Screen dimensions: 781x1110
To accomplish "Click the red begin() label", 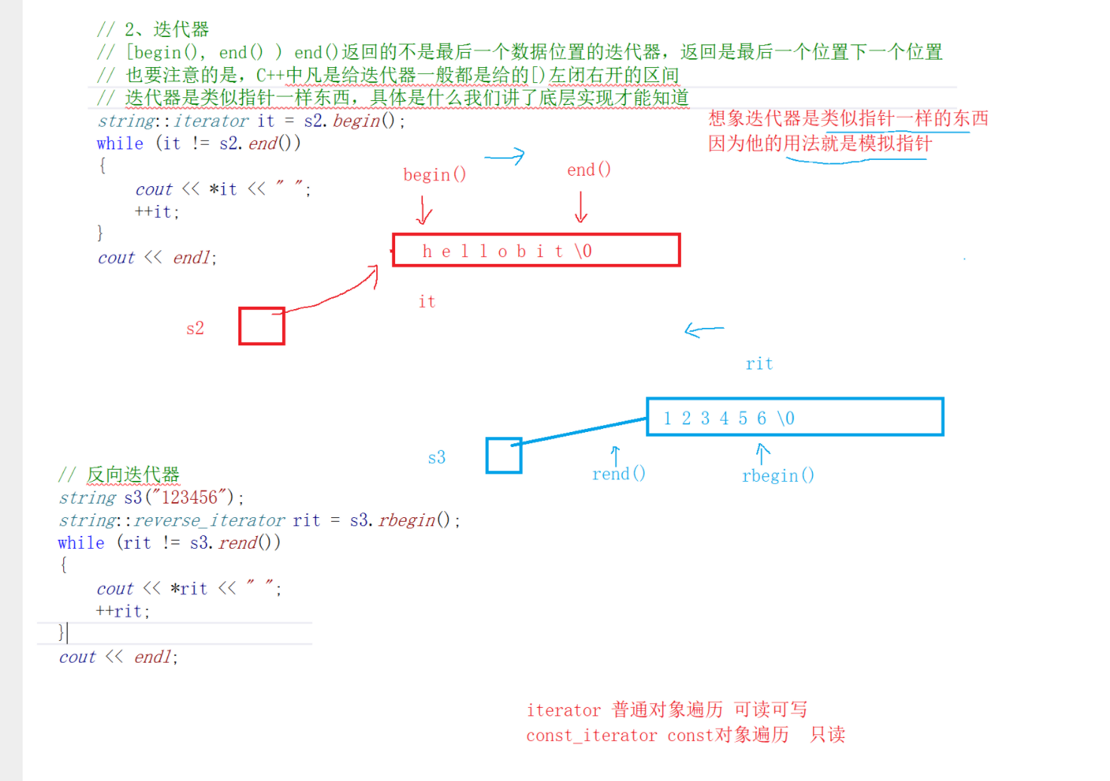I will tap(434, 175).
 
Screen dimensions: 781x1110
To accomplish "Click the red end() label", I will tap(589, 170).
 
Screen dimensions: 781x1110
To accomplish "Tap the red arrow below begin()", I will tap(424, 210).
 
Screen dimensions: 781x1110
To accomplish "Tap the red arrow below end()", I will tap(581, 207).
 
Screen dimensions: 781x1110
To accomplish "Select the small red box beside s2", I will tap(262, 326).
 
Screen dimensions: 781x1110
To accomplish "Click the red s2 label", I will tap(195, 328).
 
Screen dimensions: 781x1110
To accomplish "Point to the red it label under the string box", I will tap(427, 302).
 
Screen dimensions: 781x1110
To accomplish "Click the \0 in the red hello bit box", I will tap(583, 251).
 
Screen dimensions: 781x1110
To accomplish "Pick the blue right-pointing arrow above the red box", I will tap(504, 157).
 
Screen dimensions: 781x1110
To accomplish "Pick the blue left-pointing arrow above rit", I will tap(704, 329).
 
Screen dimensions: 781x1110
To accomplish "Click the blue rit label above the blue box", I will tap(759, 363).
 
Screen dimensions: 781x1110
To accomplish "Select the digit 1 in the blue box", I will tap(667, 418).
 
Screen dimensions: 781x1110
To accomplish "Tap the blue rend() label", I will tap(618, 473).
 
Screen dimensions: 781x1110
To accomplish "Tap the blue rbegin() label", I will tap(777, 476).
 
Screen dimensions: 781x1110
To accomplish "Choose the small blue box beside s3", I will tap(504, 455).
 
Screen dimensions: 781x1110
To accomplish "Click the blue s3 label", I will tap(437, 458).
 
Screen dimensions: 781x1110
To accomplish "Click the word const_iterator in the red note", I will tap(591, 735).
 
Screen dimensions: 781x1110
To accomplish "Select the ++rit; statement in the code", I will tap(123, 611).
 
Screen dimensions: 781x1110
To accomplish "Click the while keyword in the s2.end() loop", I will tap(120, 143).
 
